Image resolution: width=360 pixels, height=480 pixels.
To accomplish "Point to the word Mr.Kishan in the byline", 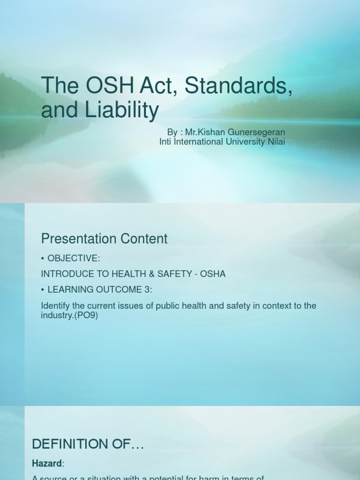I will click(x=201, y=133).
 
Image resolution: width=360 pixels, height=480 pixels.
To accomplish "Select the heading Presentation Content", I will click(x=104, y=239).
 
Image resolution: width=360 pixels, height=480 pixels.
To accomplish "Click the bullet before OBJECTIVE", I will click(x=43, y=258).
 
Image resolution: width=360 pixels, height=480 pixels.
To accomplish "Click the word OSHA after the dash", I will click(x=213, y=274).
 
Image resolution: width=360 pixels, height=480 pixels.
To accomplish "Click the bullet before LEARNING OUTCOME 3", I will click(x=43, y=290).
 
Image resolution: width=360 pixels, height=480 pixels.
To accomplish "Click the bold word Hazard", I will click(x=46, y=464).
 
